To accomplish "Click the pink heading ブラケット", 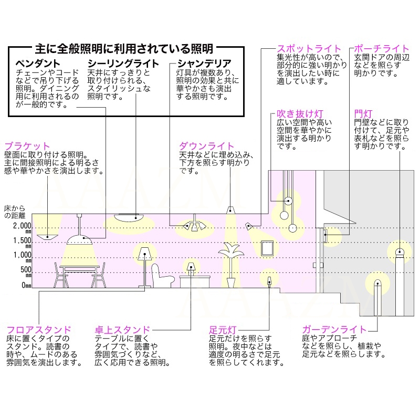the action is point(27,146).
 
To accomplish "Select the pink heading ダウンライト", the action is point(206,146).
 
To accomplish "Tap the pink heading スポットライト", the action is point(309,49).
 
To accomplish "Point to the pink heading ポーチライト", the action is point(382,49).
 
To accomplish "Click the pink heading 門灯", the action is point(363,114).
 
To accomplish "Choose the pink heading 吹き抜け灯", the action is point(300,114).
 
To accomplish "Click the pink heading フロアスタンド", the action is point(39,330).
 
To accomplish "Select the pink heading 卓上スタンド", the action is point(122,330).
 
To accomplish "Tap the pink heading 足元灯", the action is point(223,330).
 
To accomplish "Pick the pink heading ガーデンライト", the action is point(334,330).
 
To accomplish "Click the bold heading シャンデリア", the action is point(204,64).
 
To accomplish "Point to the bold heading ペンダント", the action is point(38,64).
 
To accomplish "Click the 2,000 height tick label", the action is point(22,227).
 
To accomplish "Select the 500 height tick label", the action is point(26,270).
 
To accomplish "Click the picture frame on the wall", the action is point(267,248).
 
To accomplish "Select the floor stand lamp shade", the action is point(145,254).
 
